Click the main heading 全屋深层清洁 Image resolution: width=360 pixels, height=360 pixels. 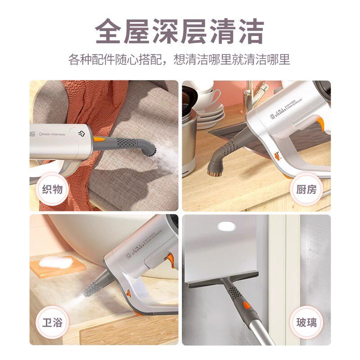(x=180, y=30)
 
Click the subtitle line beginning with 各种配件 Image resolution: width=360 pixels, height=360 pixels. (x=180, y=59)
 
